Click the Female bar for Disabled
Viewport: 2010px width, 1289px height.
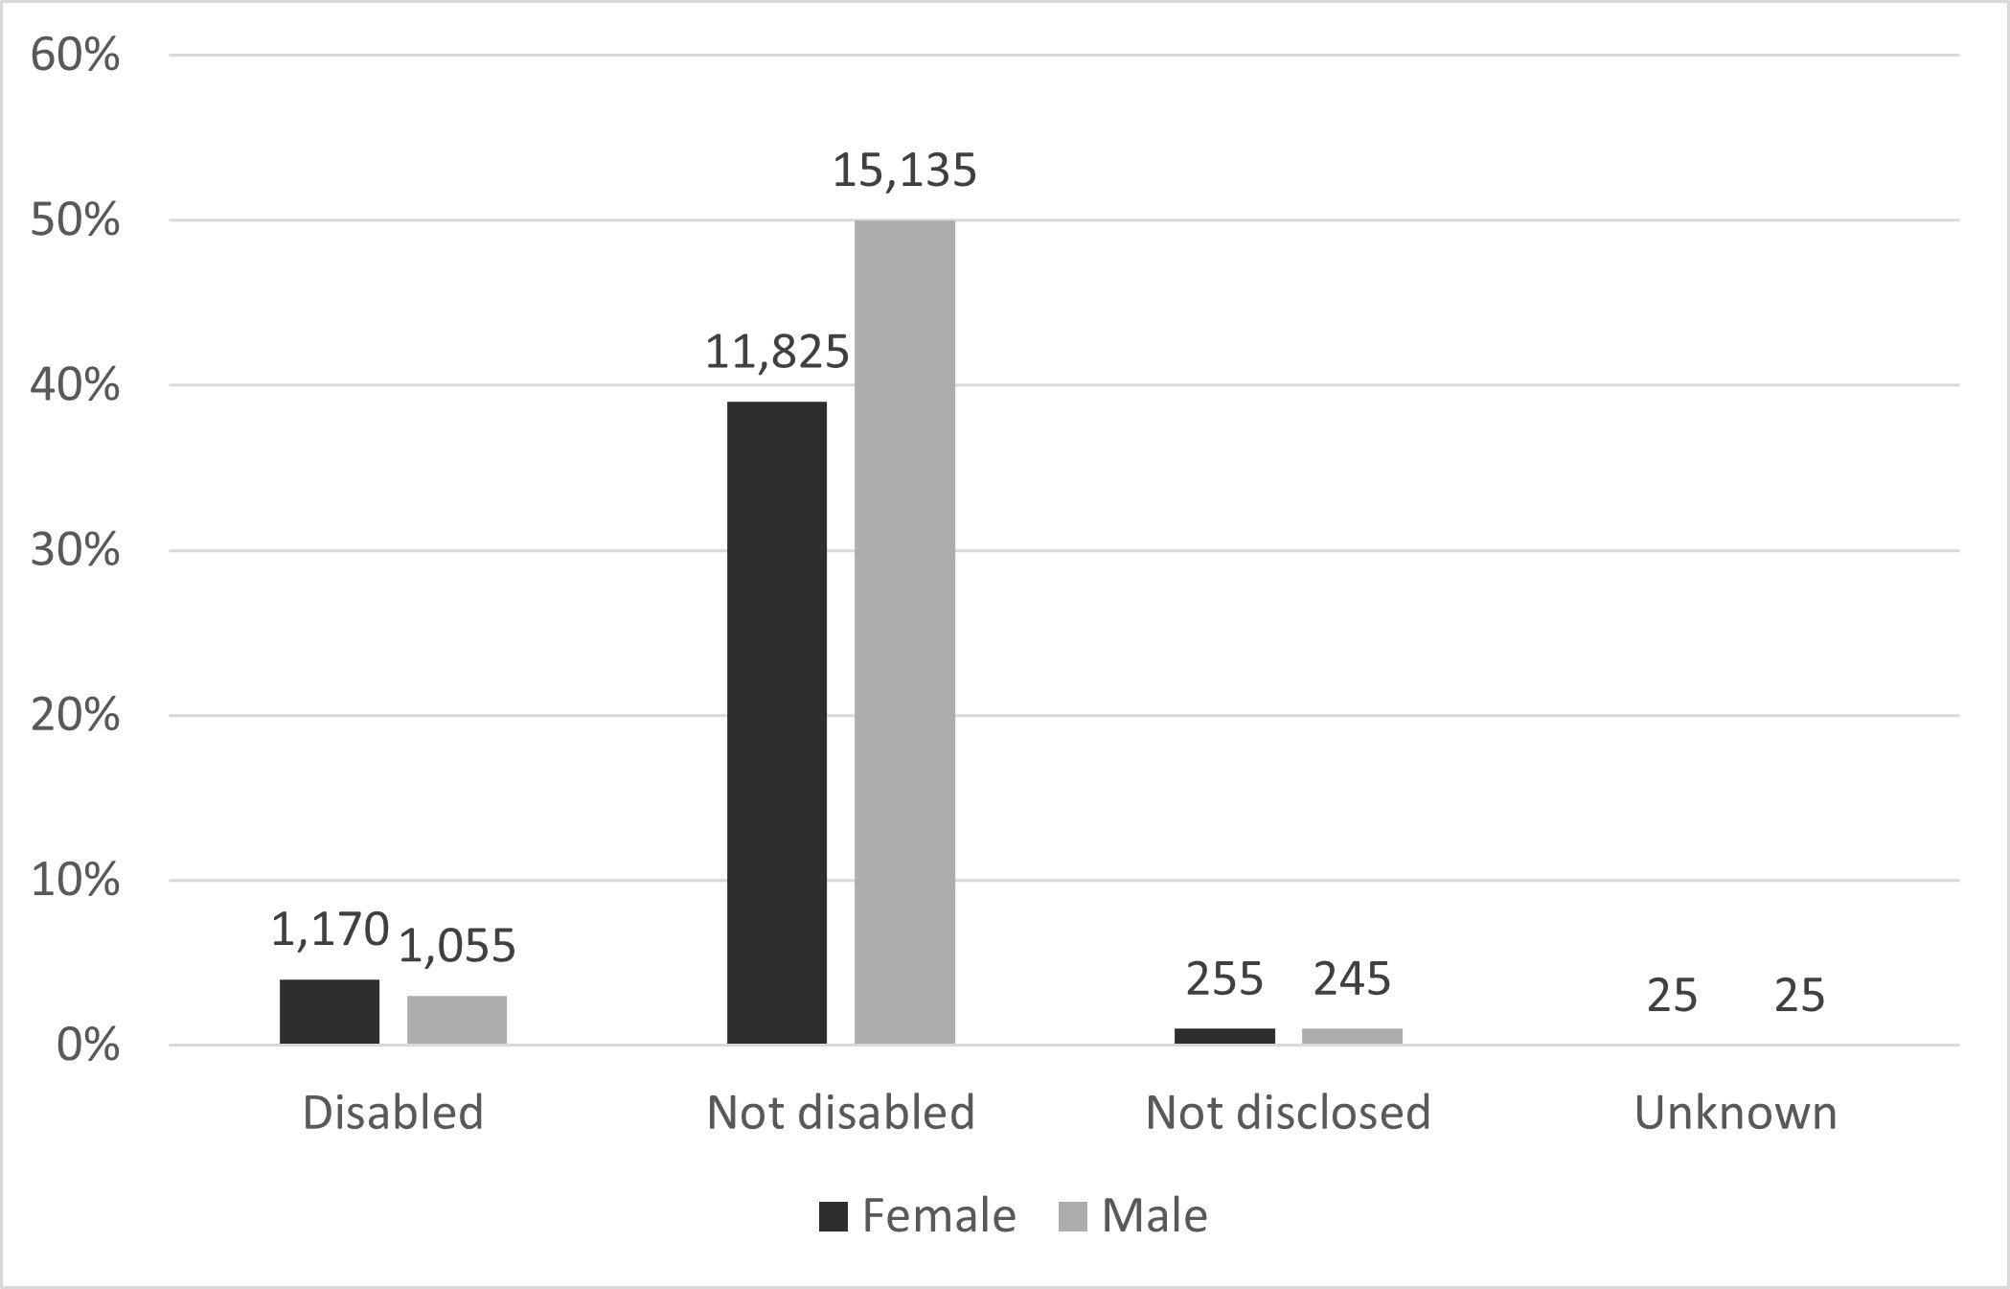click(330, 1011)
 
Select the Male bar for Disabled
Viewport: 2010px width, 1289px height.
click(457, 1020)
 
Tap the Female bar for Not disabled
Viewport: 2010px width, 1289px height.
click(777, 723)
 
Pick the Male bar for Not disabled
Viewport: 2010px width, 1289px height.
click(904, 633)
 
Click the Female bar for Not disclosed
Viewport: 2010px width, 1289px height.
click(1224, 1036)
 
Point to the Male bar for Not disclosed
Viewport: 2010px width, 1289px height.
click(1352, 1036)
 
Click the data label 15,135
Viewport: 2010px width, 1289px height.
click(904, 171)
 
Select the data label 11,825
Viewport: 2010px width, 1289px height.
click(777, 353)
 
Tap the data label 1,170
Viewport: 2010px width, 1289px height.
click(330, 930)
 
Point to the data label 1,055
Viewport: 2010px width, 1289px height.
click(457, 947)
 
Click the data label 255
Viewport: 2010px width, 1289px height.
click(1224, 979)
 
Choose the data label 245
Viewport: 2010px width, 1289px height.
click(1352, 979)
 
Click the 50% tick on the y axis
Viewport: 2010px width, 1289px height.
click(76, 221)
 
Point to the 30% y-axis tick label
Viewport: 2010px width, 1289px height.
click(76, 551)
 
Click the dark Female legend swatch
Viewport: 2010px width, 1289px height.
click(834, 1217)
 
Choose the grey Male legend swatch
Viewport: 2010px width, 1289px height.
click(1073, 1217)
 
